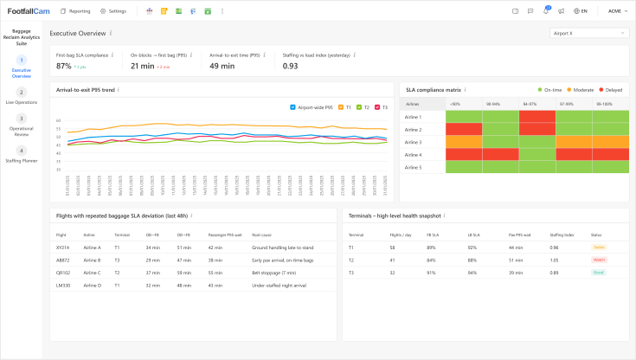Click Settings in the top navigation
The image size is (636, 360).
[x=113, y=11]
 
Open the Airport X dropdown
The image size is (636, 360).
[x=588, y=33]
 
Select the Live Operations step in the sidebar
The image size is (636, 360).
[x=21, y=96]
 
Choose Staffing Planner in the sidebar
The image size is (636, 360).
[x=21, y=155]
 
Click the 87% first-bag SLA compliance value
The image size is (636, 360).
[x=64, y=66]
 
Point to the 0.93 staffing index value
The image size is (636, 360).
[x=291, y=66]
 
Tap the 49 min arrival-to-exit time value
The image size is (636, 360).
[x=222, y=66]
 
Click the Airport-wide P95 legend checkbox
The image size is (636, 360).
[x=294, y=107]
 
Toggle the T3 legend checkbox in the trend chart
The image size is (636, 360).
[x=377, y=107]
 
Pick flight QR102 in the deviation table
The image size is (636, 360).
[x=62, y=271]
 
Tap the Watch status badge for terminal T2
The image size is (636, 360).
[x=598, y=259]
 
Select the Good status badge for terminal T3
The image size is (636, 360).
[x=597, y=271]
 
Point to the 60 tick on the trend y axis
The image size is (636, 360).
[x=58, y=121]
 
